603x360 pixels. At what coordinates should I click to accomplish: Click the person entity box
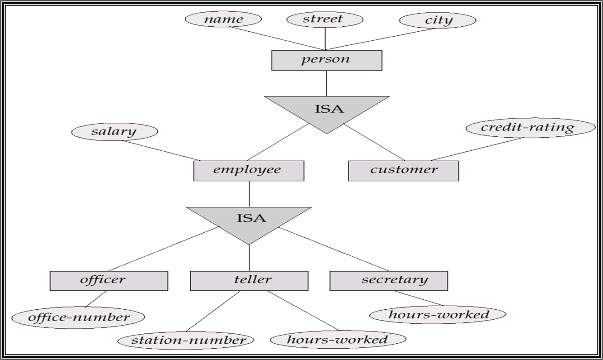click(327, 61)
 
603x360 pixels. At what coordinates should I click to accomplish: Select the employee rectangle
click(249, 171)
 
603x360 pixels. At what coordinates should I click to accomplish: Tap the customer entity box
click(403, 171)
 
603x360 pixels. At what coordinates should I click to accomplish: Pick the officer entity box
click(109, 281)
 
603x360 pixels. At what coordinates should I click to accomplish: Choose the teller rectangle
click(249, 281)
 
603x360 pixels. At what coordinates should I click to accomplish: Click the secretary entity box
click(389, 281)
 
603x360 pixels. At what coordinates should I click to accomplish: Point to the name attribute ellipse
click(223, 19)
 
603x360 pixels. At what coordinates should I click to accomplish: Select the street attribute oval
click(325, 19)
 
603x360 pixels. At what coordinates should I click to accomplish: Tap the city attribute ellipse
click(438, 20)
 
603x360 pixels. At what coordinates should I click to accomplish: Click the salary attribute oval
click(115, 132)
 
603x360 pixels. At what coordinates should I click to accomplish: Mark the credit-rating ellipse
click(531, 128)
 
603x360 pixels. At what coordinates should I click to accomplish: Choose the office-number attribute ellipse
click(78, 317)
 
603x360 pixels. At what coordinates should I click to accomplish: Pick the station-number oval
click(186, 341)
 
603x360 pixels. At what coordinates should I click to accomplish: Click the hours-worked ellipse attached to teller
click(338, 339)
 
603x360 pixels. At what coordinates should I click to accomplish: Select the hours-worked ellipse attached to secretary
click(438, 315)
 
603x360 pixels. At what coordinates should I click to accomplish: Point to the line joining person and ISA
click(327, 83)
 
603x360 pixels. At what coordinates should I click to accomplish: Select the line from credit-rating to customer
click(477, 149)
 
